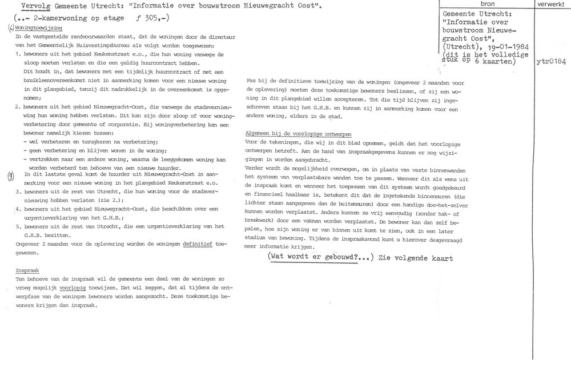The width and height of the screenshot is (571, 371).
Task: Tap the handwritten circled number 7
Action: pos(11,176)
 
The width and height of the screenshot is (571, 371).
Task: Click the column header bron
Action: pos(489,4)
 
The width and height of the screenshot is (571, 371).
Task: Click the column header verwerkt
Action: pos(550,4)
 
